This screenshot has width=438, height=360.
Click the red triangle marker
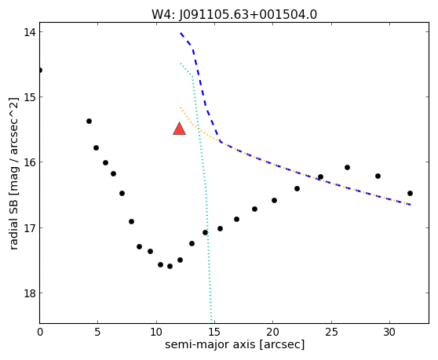point(179,129)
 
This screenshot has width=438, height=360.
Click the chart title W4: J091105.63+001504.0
point(234,14)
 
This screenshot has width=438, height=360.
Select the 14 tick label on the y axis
point(29,32)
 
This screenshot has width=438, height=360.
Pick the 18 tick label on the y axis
point(29,293)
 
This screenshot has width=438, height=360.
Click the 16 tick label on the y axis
point(29,162)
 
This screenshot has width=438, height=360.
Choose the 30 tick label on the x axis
point(389,333)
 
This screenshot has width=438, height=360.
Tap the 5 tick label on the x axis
point(97,333)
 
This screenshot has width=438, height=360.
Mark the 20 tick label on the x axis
point(272,333)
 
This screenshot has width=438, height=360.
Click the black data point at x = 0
point(40,70)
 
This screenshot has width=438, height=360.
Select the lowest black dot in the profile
point(170,266)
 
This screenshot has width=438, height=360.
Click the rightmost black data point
point(410,193)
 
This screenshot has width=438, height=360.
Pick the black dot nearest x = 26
point(347,167)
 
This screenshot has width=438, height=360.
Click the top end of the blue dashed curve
point(181,33)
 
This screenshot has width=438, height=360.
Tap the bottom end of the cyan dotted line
point(211,322)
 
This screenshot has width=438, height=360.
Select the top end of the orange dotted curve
point(181,107)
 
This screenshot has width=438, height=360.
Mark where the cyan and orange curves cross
point(199,128)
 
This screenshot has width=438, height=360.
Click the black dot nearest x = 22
point(297,189)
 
